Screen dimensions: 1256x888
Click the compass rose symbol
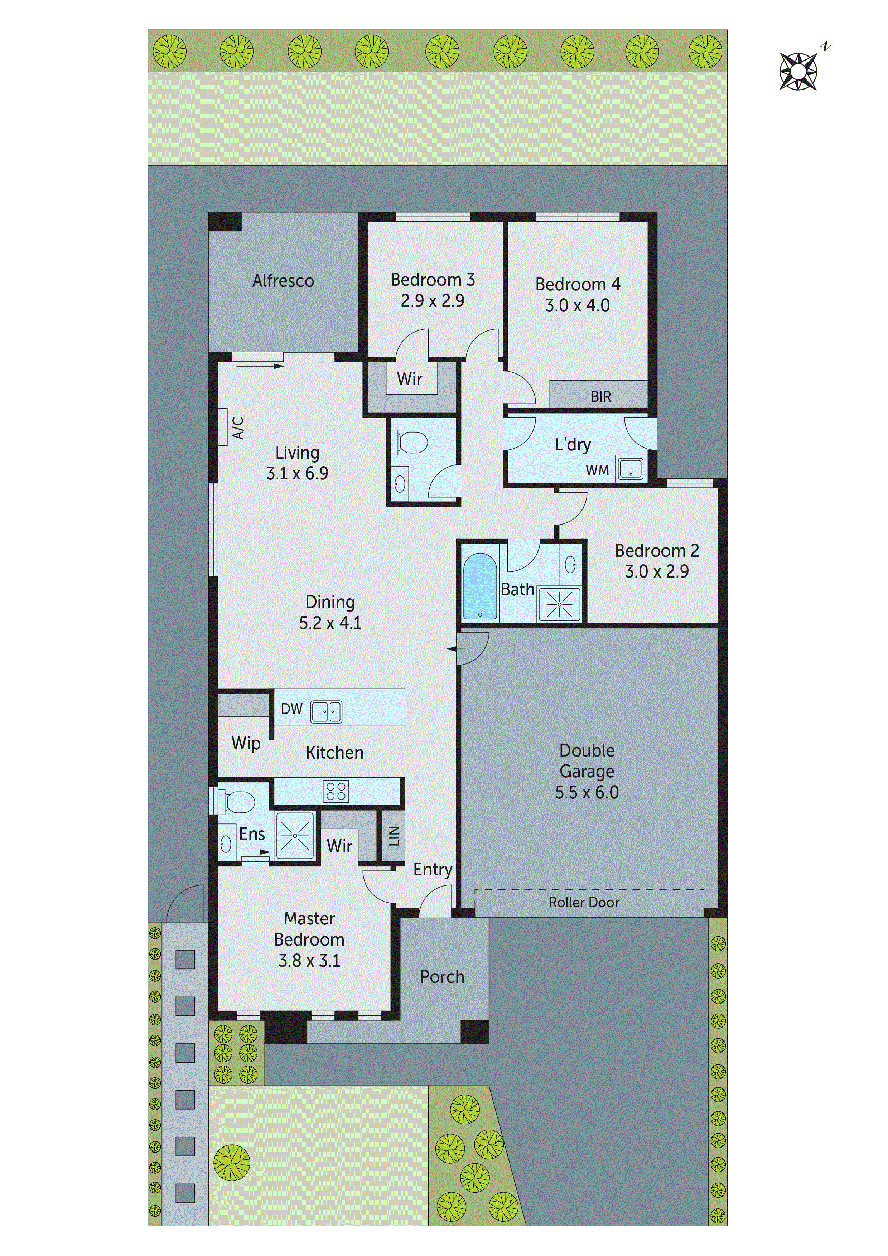[x=798, y=71]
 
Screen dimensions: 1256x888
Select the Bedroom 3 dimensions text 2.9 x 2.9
[x=432, y=301]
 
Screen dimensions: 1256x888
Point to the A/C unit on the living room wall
[x=223, y=427]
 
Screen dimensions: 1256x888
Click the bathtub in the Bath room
[x=480, y=586]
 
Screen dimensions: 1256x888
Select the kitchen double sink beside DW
[x=326, y=712]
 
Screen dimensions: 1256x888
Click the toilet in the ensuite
[x=237, y=802]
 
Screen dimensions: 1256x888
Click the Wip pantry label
[x=246, y=743]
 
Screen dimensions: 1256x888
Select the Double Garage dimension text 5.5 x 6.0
[x=587, y=792]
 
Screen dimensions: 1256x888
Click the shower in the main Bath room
[x=559, y=604]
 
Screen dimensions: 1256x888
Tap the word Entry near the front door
[x=432, y=869]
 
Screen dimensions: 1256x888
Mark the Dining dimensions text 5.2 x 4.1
[x=330, y=623]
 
